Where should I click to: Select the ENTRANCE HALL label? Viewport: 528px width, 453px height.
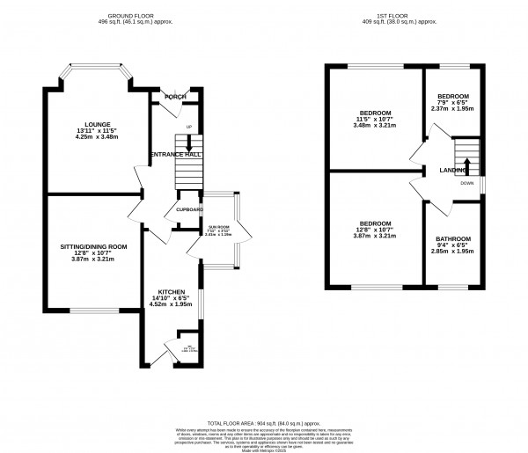176,154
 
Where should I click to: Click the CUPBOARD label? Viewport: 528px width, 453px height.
188,210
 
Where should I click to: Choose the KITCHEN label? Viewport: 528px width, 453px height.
172,291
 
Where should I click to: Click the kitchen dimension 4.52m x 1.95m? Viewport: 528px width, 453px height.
172,304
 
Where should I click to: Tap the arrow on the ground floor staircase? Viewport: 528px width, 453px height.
187,144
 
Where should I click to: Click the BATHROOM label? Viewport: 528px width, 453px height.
453,238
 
